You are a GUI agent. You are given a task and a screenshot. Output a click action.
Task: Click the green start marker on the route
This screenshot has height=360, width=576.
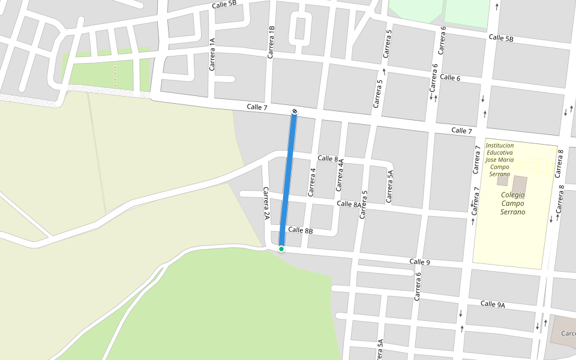coord(281,248)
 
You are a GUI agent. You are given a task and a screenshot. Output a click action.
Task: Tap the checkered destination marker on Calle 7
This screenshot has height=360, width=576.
coord(294,111)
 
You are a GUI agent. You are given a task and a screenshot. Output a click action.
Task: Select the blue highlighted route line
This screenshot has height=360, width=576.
coord(287,180)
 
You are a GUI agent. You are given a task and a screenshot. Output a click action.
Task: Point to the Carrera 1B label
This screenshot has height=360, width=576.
coord(271,42)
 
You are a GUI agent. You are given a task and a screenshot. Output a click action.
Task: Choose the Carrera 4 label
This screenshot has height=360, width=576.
coord(311,182)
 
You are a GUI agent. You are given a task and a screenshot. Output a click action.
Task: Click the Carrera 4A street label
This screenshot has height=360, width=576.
coord(340,175)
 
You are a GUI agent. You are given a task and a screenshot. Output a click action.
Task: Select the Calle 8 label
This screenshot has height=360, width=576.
coord(328,158)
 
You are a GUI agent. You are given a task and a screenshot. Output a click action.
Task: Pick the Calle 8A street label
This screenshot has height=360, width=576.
coord(349,204)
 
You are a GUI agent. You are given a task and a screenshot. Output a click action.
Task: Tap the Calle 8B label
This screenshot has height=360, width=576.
coord(301,230)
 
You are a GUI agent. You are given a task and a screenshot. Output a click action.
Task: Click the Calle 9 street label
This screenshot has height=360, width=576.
coord(420,262)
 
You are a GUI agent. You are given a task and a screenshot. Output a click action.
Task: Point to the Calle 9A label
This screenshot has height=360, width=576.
coord(493,304)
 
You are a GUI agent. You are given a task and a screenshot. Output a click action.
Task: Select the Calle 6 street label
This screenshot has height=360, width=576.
coord(450,78)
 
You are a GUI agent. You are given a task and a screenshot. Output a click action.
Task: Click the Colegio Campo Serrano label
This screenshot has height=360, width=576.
coord(513,203)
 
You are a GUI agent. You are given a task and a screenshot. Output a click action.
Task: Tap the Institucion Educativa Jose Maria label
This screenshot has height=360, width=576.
coord(500,160)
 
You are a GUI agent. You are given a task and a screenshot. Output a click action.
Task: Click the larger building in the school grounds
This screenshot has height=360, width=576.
coord(520,184)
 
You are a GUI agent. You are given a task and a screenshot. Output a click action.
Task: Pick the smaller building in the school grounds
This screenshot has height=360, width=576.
coord(502,181)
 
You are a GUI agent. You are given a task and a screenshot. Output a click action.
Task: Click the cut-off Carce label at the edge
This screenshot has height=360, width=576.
coord(568,334)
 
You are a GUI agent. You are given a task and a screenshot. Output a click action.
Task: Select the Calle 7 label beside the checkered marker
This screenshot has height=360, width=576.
coord(257,107)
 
